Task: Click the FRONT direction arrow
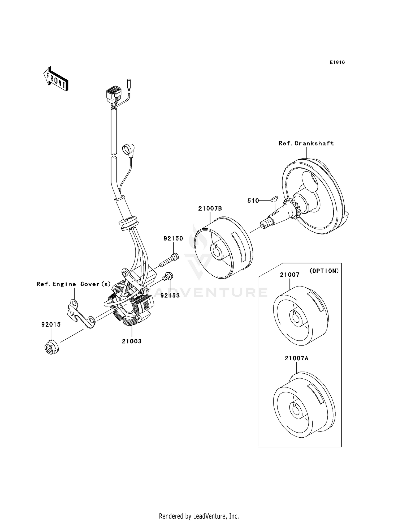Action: coord(56,79)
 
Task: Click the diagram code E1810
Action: coord(337,62)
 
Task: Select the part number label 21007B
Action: coord(210,208)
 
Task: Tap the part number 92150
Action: coord(173,238)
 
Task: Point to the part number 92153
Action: coord(170,295)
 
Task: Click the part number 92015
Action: coord(51,324)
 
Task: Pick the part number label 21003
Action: coord(132,341)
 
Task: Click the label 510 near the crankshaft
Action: coord(253,201)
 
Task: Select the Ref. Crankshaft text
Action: coord(306,143)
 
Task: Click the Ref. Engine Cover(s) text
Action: coord(73,284)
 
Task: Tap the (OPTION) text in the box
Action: coord(324,271)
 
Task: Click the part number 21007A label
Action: coord(296,358)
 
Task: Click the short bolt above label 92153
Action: coord(168,276)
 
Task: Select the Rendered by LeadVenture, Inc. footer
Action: coord(199,516)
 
